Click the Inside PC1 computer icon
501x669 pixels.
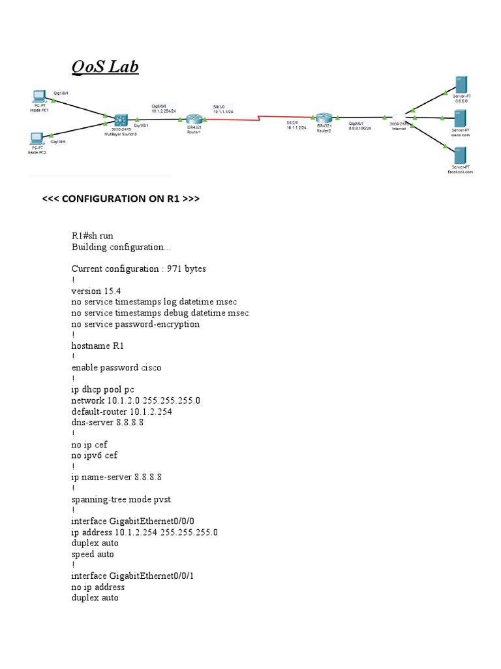coord(40,95)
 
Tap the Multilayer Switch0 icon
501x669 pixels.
coord(121,120)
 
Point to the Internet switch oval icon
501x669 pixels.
coord(399,118)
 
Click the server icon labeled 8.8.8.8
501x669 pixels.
coord(461,86)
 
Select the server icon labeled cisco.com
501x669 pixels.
coord(461,119)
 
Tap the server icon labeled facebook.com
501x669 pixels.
coord(461,155)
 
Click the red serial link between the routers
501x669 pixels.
coord(261,118)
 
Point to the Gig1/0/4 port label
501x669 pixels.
coord(61,93)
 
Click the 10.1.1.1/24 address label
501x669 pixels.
coord(224,112)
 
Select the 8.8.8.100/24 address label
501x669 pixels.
coord(359,128)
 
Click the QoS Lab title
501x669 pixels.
coord(105,67)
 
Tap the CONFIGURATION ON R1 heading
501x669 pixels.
coord(121,199)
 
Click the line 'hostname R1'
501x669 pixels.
coord(96,346)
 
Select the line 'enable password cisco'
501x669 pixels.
coord(116,367)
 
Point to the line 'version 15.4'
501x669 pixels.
coord(95,291)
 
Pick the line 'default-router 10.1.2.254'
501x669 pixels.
coord(122,412)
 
